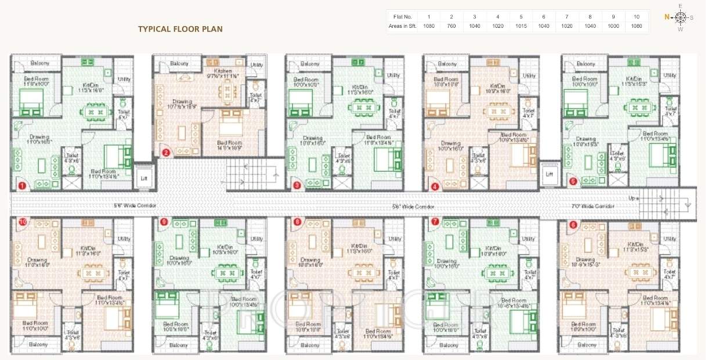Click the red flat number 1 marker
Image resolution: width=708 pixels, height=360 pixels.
pyautogui.click(x=23, y=186)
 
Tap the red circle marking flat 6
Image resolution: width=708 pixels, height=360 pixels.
pyautogui.click(x=573, y=225)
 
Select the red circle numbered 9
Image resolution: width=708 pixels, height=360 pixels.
pyautogui.click(x=164, y=221)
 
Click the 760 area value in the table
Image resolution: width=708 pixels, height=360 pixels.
pyautogui.click(x=451, y=26)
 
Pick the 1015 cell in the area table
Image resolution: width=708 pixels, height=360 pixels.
pyautogui.click(x=521, y=26)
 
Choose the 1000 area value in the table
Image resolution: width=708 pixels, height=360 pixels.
pyautogui.click(x=613, y=26)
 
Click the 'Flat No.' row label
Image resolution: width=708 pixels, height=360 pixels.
pyautogui.click(x=402, y=17)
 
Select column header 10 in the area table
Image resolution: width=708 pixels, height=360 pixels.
pyautogui.click(x=637, y=17)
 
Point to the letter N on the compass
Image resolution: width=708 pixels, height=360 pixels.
pyautogui.click(x=667, y=17)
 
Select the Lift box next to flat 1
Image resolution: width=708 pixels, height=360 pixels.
pyautogui.click(x=144, y=178)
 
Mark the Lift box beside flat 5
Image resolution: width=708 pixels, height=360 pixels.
pyautogui.click(x=550, y=174)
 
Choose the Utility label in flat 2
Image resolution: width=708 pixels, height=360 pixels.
pyautogui.click(x=257, y=65)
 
